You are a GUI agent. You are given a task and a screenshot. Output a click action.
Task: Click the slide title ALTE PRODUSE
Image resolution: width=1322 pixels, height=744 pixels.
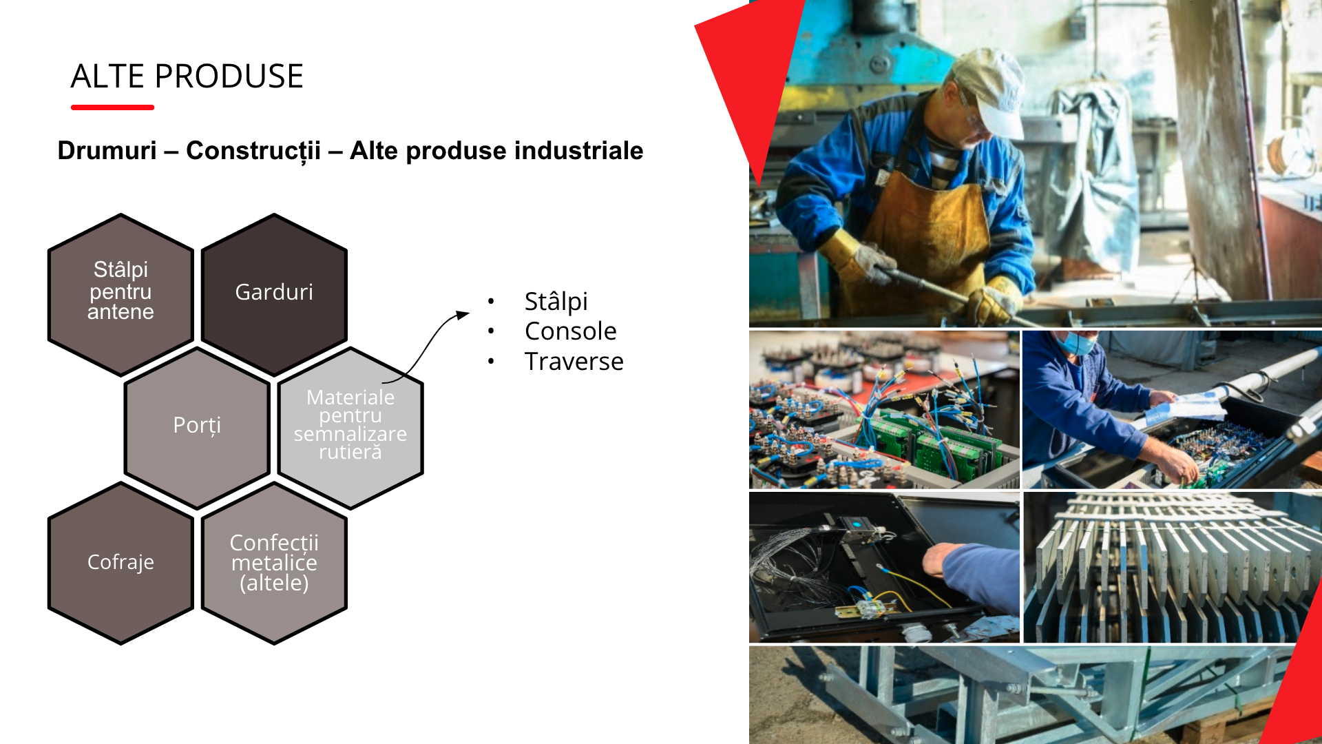tap(187, 76)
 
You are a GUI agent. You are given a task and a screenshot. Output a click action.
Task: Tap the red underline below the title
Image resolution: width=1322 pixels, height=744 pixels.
tap(112, 107)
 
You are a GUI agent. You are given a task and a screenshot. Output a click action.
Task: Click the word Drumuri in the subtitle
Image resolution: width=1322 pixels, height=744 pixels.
tap(107, 150)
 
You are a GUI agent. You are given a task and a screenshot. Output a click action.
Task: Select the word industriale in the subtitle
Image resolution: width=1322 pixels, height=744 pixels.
tap(578, 150)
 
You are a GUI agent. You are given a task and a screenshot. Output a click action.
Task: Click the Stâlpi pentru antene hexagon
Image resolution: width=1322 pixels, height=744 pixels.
tap(120, 294)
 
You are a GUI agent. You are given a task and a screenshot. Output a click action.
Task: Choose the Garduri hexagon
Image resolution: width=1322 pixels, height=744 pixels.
tap(274, 294)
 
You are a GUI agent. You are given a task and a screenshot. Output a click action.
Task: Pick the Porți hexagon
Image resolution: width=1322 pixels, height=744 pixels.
tap(197, 427)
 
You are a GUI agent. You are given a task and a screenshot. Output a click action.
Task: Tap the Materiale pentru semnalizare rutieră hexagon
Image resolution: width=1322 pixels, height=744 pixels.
tap(350, 427)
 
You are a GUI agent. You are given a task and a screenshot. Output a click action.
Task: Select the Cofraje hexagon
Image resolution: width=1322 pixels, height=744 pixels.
tap(120, 563)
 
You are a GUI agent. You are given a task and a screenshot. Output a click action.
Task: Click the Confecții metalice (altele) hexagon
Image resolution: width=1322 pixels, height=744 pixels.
tap(274, 563)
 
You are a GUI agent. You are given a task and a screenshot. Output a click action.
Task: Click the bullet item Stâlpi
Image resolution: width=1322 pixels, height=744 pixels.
tap(556, 302)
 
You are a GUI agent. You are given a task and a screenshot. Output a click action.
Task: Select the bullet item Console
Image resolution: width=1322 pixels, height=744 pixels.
tap(571, 331)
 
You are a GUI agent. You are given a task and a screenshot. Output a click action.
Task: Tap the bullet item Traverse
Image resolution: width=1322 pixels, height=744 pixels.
tap(574, 362)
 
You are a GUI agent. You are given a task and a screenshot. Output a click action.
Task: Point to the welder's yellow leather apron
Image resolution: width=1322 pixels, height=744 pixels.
tap(923, 234)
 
